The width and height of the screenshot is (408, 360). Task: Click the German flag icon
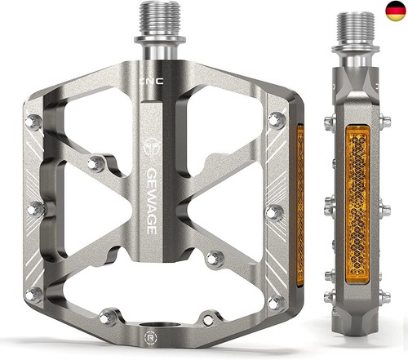pos(396,11)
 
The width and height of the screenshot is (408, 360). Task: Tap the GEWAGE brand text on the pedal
pos(152,202)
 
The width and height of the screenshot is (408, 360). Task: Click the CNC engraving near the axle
pos(152,81)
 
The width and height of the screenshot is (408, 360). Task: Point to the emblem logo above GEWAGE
pos(152,146)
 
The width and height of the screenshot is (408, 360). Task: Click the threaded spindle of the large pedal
pos(160,19)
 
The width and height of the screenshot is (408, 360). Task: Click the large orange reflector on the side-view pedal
pos(357,204)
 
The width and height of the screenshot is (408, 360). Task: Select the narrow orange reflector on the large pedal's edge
pos(300,206)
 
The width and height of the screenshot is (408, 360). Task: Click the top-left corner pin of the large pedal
pos(33,122)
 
